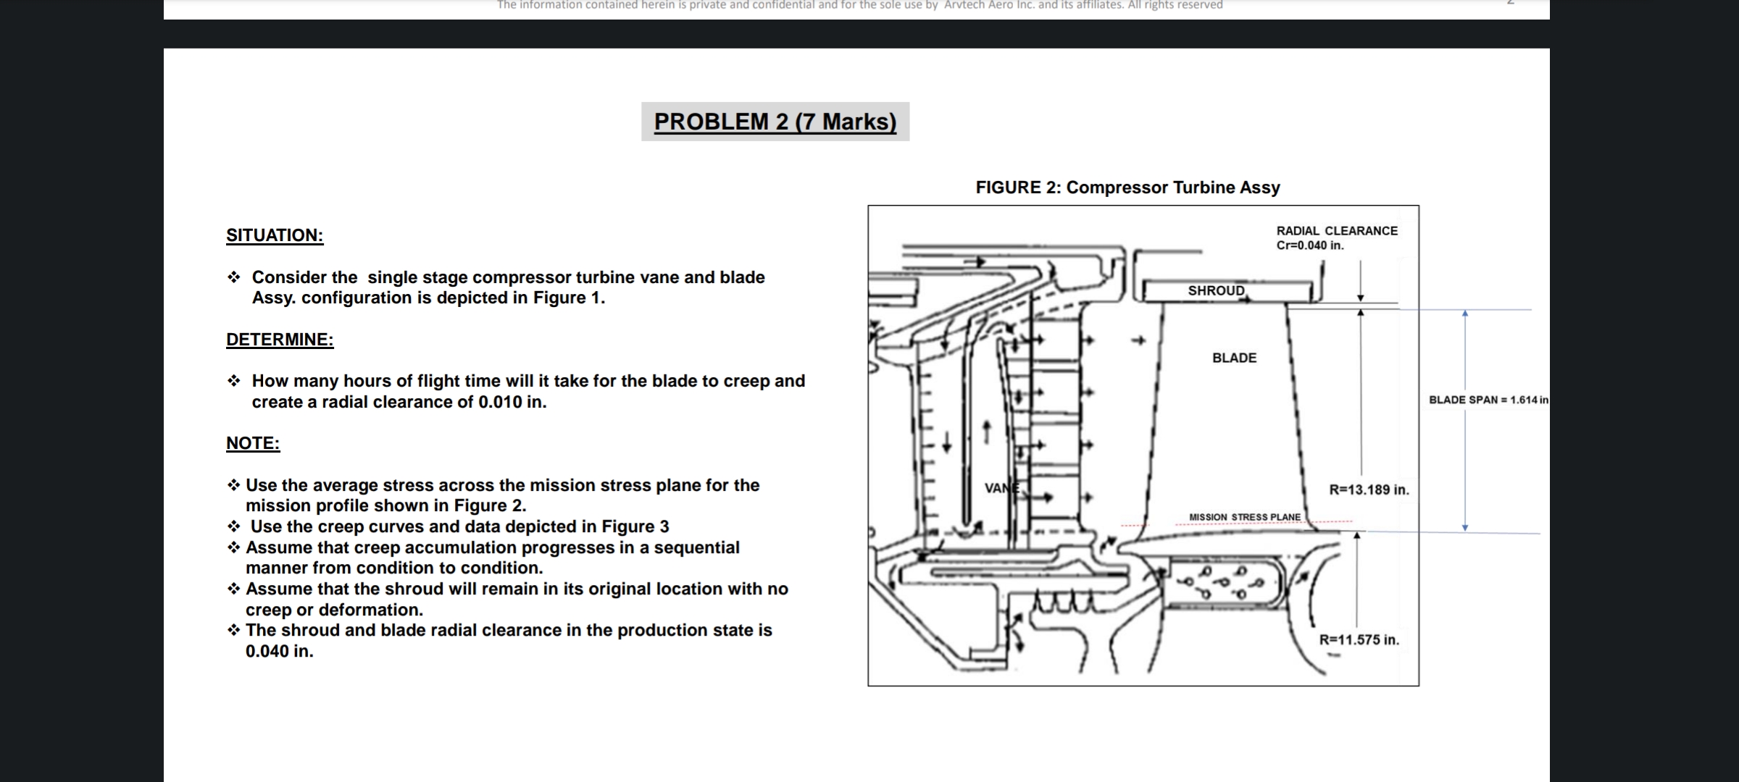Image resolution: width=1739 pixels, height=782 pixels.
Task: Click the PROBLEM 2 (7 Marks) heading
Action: coord(775,122)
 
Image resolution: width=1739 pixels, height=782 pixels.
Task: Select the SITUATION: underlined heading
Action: coord(275,235)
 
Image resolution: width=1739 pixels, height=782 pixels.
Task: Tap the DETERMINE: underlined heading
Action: coord(280,340)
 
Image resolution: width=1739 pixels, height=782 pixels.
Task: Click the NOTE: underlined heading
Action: coord(253,443)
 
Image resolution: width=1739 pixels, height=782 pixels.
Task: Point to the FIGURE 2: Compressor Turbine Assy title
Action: coord(1127,188)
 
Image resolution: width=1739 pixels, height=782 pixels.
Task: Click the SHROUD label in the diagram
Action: coord(1216,291)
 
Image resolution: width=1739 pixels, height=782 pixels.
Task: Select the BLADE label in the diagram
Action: coord(1234,358)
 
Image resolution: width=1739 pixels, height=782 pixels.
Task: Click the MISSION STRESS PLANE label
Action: coord(1244,517)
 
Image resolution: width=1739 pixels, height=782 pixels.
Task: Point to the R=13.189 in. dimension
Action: coord(1369,489)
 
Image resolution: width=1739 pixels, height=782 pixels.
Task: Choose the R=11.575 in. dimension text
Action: coord(1359,640)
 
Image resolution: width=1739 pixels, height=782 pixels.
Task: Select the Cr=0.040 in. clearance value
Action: coord(1310,245)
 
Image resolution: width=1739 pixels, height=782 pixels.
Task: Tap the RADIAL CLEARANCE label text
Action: coord(1337,231)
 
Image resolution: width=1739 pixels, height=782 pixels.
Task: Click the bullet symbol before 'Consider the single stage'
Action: coord(233,277)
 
